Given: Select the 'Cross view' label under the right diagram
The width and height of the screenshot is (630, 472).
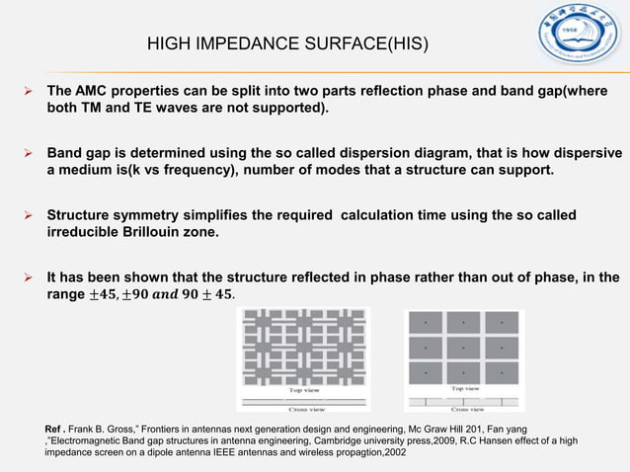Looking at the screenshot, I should click(467, 409).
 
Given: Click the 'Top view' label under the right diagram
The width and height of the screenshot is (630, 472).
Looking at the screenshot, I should click(466, 390).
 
